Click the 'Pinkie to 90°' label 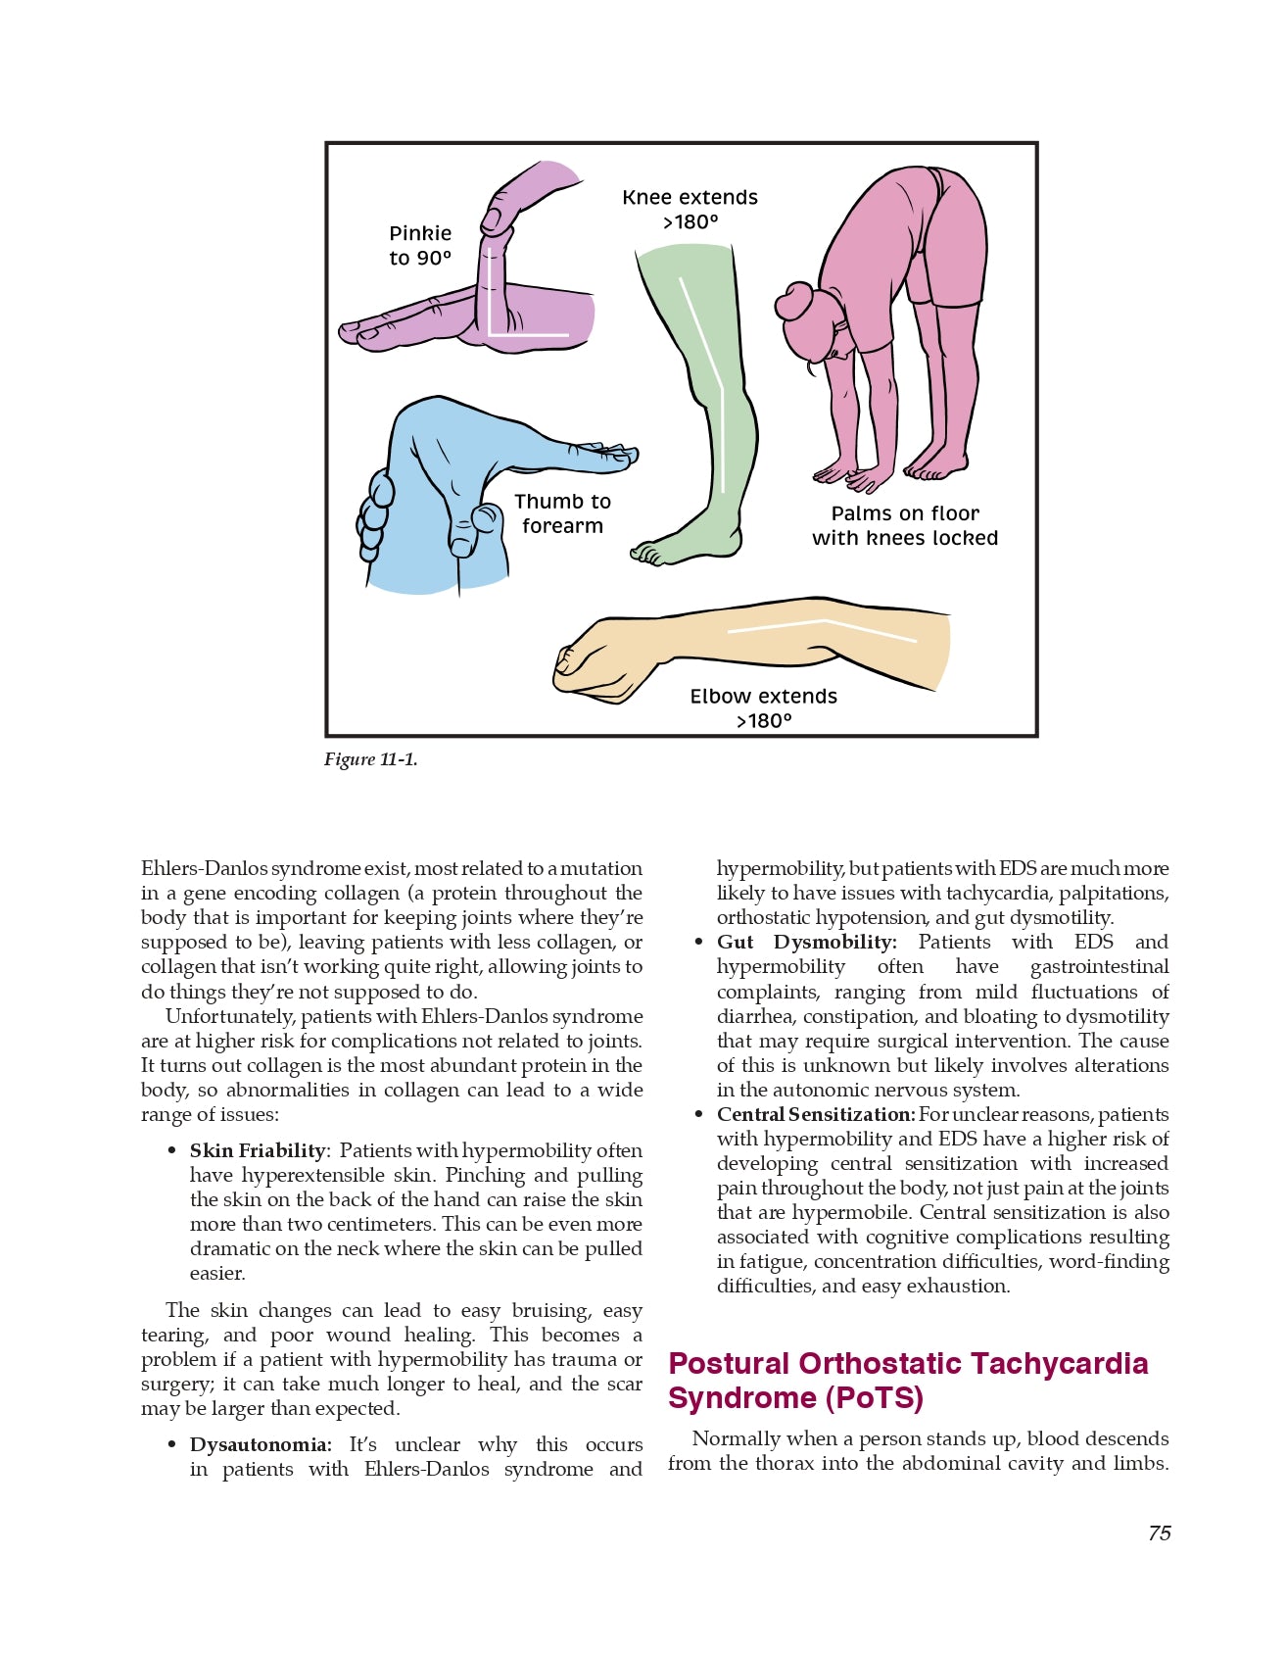tap(420, 246)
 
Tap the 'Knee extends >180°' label tap(690, 210)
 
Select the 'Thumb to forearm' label tap(562, 513)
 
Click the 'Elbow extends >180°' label tap(763, 708)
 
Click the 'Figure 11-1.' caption tap(370, 759)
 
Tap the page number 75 tap(1159, 1533)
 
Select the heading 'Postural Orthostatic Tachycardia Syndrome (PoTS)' tap(907, 1380)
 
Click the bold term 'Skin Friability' tap(258, 1150)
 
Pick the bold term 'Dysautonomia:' tap(261, 1444)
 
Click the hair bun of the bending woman tap(794, 301)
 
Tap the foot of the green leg tap(676, 547)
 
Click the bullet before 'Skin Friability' tap(172, 1151)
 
